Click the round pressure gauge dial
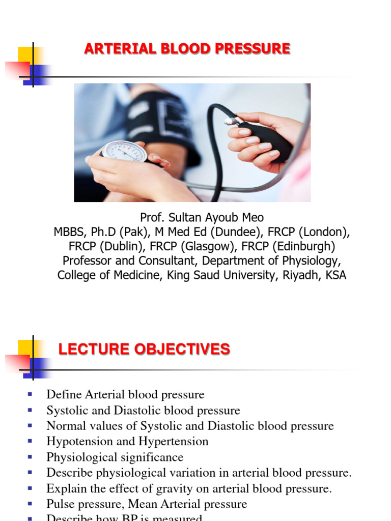point(124,152)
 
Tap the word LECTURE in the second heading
point(87,350)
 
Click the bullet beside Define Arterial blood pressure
point(30,394)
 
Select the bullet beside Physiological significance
point(30,457)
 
